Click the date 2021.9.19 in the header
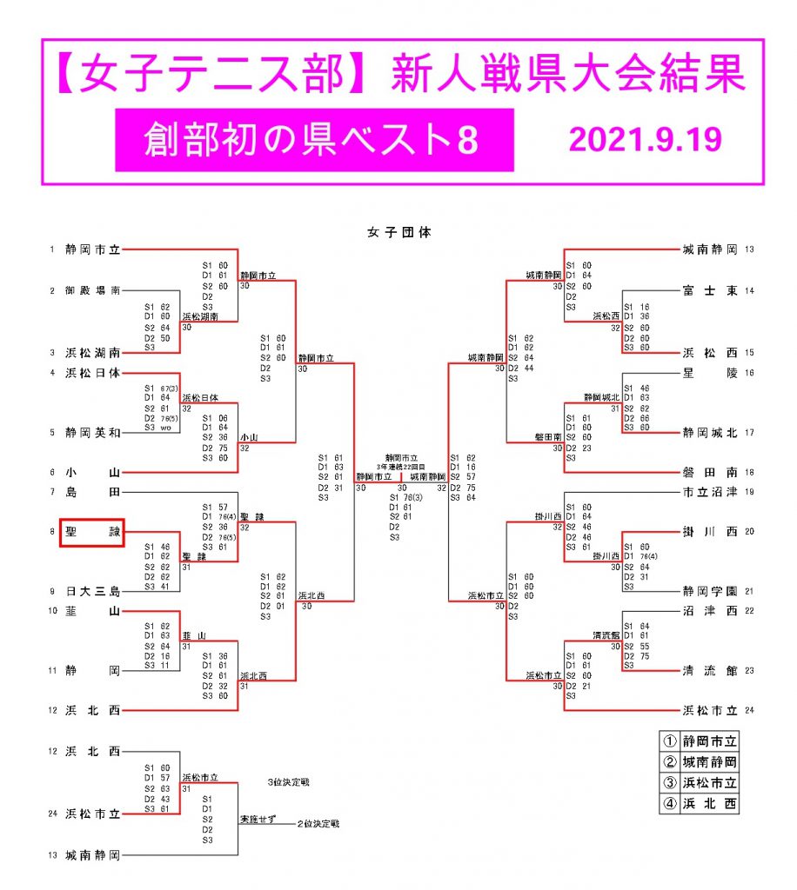pyautogui.click(x=644, y=139)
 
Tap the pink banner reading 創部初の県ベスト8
pyautogui.click(x=314, y=140)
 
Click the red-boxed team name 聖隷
pyautogui.click(x=91, y=534)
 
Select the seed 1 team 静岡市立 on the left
pyautogui.click(x=91, y=249)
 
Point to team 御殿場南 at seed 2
pyautogui.click(x=91, y=290)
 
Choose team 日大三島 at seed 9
pyautogui.click(x=91, y=591)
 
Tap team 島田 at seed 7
pyautogui.click(x=91, y=493)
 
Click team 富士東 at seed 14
pyautogui.click(x=710, y=290)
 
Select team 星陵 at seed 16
pyautogui.click(x=710, y=373)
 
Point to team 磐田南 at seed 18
pyautogui.click(x=710, y=472)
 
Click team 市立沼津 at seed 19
pyautogui.click(x=710, y=493)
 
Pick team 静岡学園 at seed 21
pyautogui.click(x=710, y=591)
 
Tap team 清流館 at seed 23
pyautogui.click(x=710, y=670)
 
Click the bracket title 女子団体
pyautogui.click(x=398, y=232)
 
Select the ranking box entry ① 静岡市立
pyautogui.click(x=700, y=741)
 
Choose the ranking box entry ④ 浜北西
pyautogui.click(x=700, y=803)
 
